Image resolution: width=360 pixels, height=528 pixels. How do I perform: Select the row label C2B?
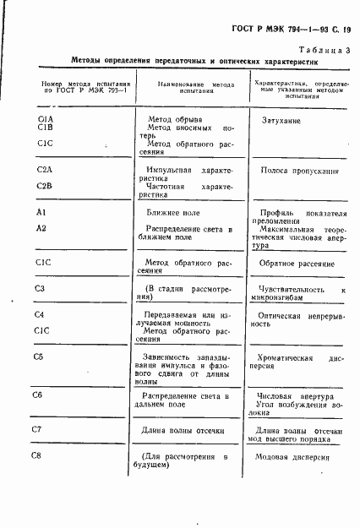46,185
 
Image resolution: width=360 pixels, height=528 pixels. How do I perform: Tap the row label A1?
41,212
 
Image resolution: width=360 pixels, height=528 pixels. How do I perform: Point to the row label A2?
41,229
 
